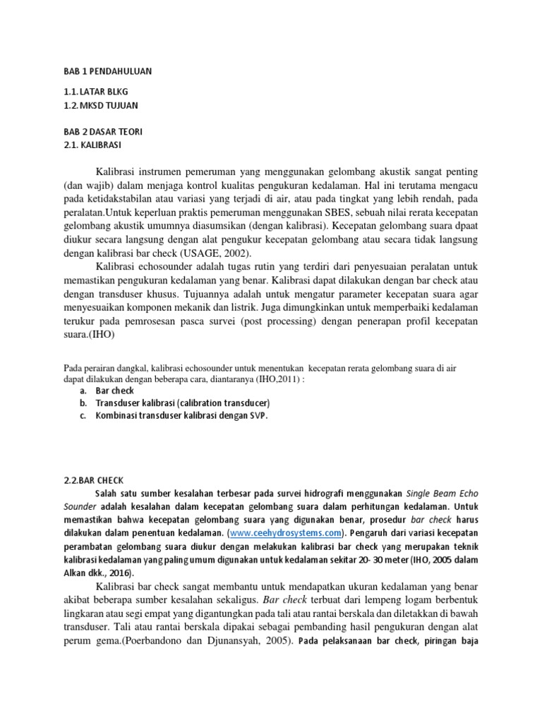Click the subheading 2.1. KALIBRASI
pyautogui.click(x=92, y=145)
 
